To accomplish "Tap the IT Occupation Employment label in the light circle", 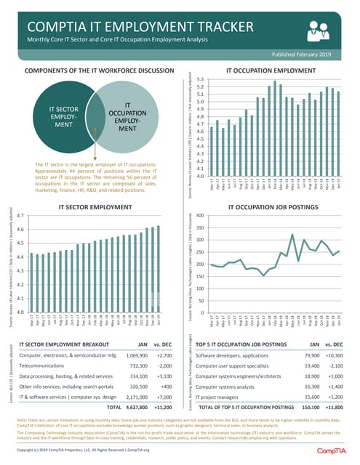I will point(127,117).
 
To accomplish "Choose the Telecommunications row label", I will point(48,368).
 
